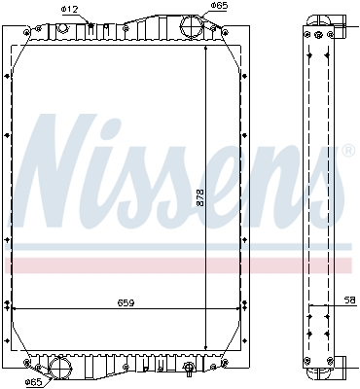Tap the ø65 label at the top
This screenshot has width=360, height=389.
click(220, 7)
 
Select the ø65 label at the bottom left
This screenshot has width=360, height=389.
click(33, 381)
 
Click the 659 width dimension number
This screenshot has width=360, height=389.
click(125, 302)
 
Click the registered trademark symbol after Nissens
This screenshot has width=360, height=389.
click(348, 152)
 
